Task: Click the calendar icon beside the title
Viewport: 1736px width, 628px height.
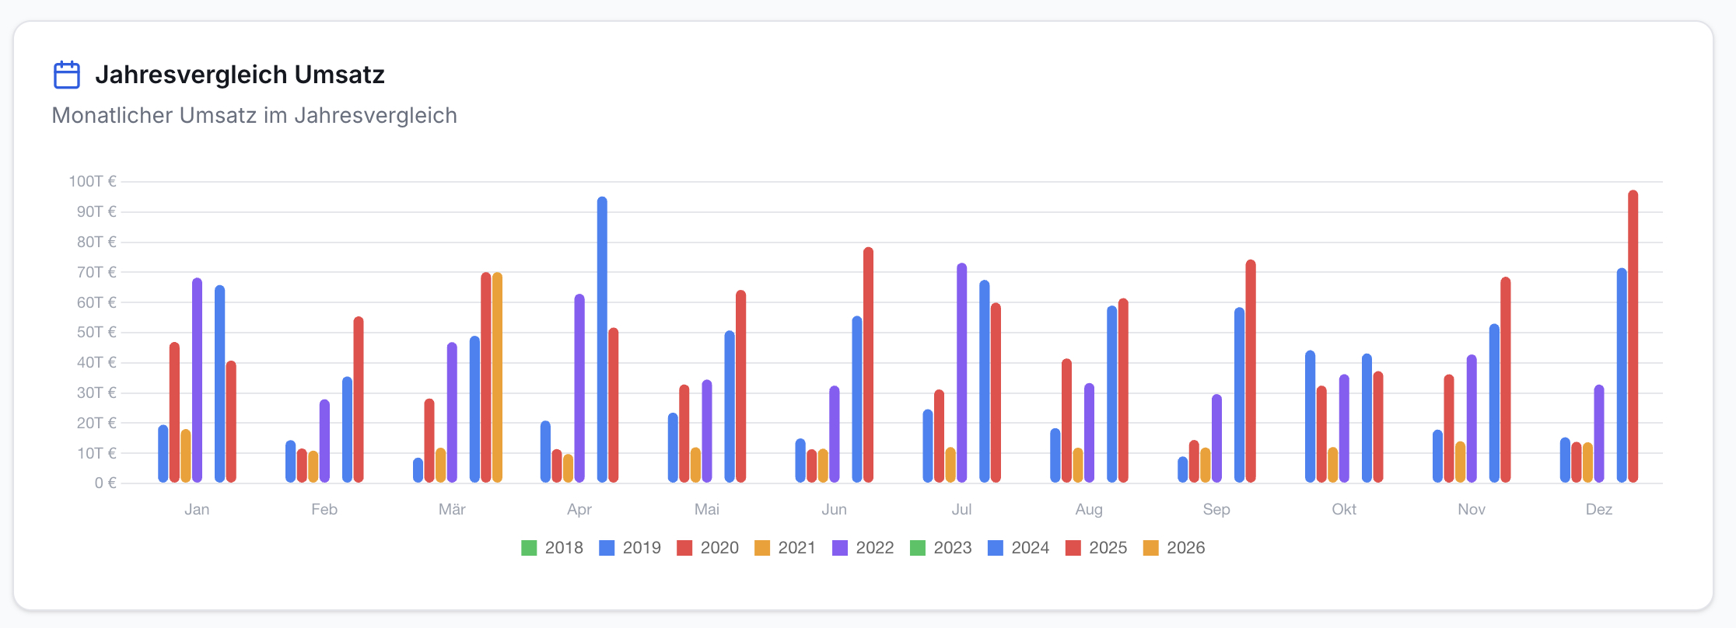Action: [67, 75]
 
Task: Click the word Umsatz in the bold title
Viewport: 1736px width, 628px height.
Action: [340, 75]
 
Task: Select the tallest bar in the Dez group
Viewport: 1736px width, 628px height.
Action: [1633, 337]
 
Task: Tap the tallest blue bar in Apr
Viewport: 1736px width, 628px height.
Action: [603, 340]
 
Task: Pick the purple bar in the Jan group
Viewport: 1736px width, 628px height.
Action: [197, 380]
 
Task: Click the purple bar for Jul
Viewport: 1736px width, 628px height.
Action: [962, 373]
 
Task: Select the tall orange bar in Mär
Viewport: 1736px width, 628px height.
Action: [497, 378]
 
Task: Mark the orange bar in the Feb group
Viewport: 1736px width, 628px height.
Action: [313, 467]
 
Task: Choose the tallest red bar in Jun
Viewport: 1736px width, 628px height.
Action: [869, 365]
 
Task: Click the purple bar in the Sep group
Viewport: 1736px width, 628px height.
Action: [1217, 439]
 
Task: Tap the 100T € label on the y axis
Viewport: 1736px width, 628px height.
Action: [93, 181]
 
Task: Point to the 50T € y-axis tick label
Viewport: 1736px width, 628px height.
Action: [96, 333]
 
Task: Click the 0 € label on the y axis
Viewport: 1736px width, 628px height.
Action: [106, 483]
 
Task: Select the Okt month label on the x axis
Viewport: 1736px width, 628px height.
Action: [1344, 509]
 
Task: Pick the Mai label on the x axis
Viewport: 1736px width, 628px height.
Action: [707, 509]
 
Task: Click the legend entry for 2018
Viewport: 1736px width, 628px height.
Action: [552, 548]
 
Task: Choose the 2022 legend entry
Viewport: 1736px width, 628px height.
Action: [863, 548]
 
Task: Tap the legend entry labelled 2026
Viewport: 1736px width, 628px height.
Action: [1174, 548]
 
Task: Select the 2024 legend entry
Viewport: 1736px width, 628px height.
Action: [1019, 548]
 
